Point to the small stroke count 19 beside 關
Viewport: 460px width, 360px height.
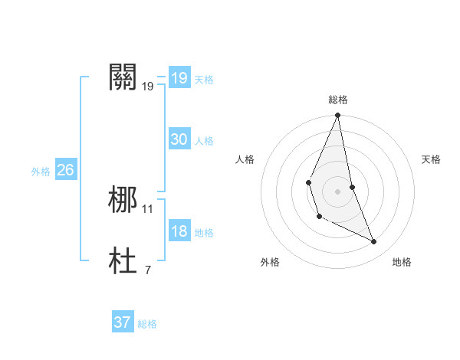(x=148, y=87)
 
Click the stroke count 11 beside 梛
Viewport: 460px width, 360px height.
(x=148, y=208)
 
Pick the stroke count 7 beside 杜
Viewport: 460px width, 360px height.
(x=147, y=270)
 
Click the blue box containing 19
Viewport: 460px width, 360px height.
(x=179, y=78)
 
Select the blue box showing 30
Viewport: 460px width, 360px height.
(x=179, y=139)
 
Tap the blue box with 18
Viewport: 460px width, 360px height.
(x=179, y=231)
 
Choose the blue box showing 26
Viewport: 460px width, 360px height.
(x=65, y=170)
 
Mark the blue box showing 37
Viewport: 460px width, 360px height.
(x=122, y=322)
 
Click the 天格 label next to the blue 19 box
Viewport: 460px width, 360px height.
(x=204, y=80)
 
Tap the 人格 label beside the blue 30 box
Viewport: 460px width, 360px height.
(x=204, y=141)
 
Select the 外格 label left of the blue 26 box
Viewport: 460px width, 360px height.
(x=41, y=172)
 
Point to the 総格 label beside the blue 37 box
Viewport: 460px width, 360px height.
(x=147, y=324)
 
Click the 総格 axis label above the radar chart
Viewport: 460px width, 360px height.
(x=337, y=100)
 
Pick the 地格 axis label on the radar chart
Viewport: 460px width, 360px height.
(x=402, y=262)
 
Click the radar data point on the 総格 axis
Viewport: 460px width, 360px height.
(x=337, y=116)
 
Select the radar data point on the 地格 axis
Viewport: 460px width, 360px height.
(x=374, y=241)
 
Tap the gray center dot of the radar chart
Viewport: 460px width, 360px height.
(x=337, y=191)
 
